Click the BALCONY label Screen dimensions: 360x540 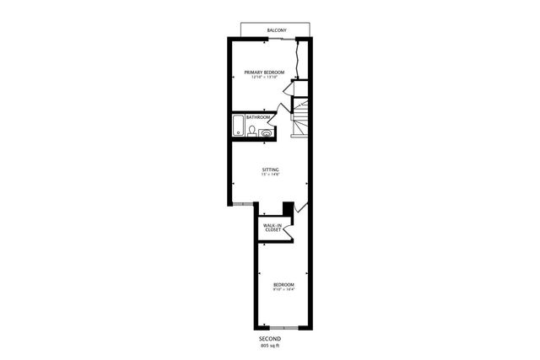tap(277, 31)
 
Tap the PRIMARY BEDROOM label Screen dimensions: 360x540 tap(263, 73)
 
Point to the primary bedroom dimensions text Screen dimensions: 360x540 tap(263, 78)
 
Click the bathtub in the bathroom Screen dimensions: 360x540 tap(238, 126)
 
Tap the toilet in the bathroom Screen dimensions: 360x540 tap(252, 130)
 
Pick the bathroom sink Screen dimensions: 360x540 tap(267, 132)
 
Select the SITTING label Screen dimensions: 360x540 tap(270, 169)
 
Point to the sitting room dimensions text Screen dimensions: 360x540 tap(270, 175)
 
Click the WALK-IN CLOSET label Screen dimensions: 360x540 tap(272, 228)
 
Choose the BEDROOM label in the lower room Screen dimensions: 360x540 tap(283, 285)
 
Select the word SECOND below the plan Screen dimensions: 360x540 tap(270, 338)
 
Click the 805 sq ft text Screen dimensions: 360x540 tap(270, 345)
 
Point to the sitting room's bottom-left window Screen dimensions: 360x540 tap(241, 204)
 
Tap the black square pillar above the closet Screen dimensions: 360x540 tap(288, 207)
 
